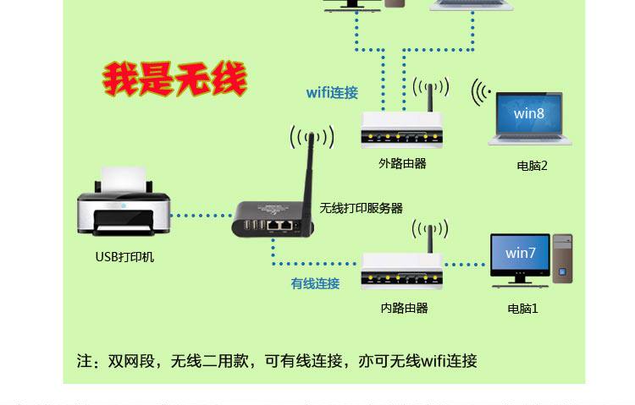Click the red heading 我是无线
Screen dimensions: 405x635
(x=174, y=79)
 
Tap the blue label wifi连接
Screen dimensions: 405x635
(x=332, y=93)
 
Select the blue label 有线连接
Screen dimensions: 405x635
(x=315, y=283)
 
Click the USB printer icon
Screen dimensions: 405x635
(x=124, y=203)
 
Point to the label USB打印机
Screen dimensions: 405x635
(x=124, y=256)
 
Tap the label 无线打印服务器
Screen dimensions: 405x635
(x=361, y=207)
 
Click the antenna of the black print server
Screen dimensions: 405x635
(x=311, y=169)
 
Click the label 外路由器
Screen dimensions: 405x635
(x=402, y=163)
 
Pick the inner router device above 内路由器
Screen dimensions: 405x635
(x=402, y=270)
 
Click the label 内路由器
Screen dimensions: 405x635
(x=404, y=308)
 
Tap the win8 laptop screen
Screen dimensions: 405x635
(x=529, y=114)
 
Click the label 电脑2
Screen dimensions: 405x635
(x=533, y=166)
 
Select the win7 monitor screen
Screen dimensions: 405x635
(x=520, y=253)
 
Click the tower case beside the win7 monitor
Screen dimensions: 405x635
(x=562, y=257)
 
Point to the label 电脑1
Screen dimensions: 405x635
(x=523, y=309)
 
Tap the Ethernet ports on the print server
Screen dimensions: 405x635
(x=280, y=226)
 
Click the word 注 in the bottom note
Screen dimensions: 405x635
(x=84, y=361)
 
